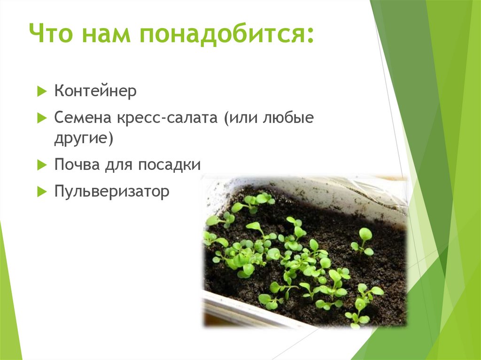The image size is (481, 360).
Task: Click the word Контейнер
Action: pyautogui.click(x=95, y=91)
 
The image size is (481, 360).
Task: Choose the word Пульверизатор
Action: pyautogui.click(x=111, y=191)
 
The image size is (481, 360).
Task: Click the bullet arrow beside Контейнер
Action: pyautogui.click(x=41, y=91)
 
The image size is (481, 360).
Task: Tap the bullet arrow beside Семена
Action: pyautogui.click(x=41, y=117)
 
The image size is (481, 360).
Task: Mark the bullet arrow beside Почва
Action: pyautogui.click(x=41, y=165)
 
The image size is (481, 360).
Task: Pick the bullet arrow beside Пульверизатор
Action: pyautogui.click(x=41, y=191)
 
